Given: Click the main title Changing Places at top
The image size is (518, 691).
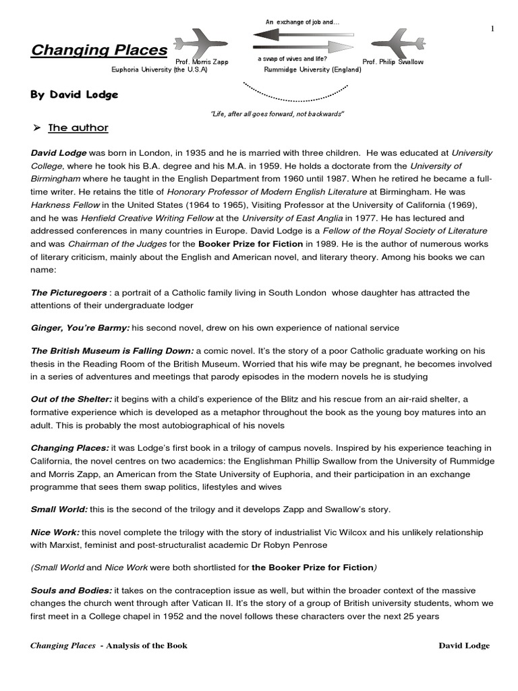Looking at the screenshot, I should (x=99, y=51).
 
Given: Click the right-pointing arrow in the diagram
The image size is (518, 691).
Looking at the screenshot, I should (x=303, y=47).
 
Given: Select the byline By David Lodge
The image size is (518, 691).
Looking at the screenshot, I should (x=74, y=94).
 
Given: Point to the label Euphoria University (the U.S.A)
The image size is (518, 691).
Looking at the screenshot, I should (x=159, y=70).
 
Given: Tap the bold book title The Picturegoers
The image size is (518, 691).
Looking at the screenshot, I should (x=69, y=293).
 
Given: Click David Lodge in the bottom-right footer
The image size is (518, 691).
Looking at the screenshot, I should (x=464, y=646).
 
